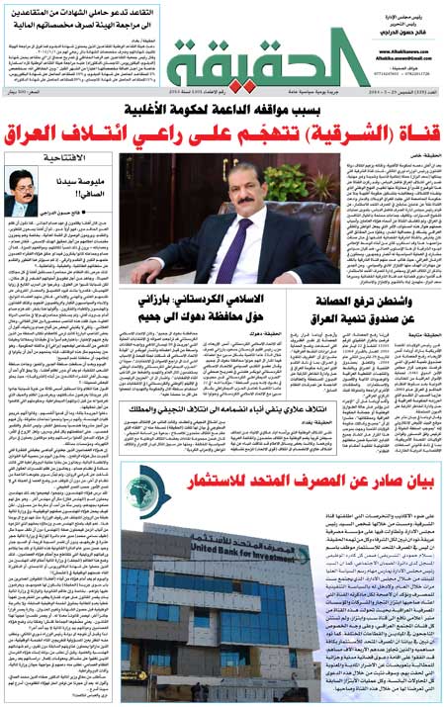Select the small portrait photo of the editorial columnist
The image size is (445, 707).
22,192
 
